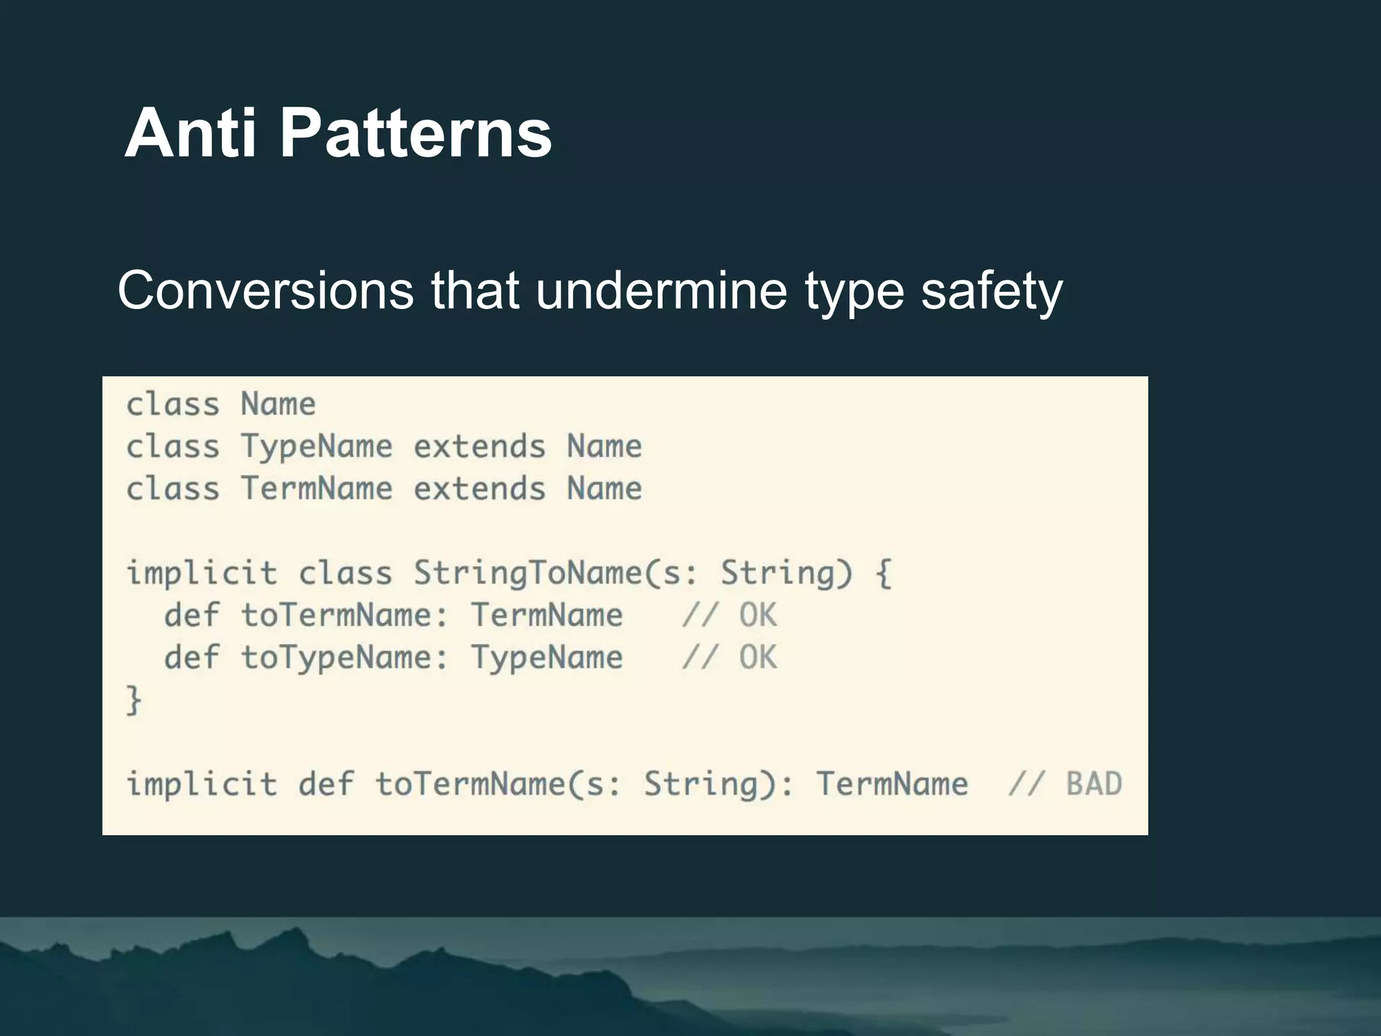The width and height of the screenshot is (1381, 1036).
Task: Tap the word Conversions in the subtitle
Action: coord(266,291)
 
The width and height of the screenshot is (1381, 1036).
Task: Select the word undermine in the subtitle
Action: coord(662,291)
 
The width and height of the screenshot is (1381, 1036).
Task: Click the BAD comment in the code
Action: coord(1094,784)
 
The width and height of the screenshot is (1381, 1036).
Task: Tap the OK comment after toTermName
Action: coord(758,615)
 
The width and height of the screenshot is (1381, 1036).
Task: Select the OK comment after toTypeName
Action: coord(758,657)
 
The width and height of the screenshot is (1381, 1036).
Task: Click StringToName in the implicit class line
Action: coord(528,573)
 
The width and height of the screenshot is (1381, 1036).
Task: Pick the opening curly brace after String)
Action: coord(883,573)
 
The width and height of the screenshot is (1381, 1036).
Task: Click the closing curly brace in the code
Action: coord(134,699)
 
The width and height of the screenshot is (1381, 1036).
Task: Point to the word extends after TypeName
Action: coord(479,447)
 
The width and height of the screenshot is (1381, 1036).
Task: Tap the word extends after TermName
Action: coord(479,488)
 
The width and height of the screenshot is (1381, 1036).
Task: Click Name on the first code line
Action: coord(278,405)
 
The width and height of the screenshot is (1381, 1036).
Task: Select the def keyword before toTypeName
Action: coord(192,657)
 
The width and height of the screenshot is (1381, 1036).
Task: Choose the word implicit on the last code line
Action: coord(202,784)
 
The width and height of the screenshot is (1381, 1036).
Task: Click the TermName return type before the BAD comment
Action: coord(892,784)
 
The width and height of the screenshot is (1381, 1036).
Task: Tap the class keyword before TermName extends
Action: coord(173,488)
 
